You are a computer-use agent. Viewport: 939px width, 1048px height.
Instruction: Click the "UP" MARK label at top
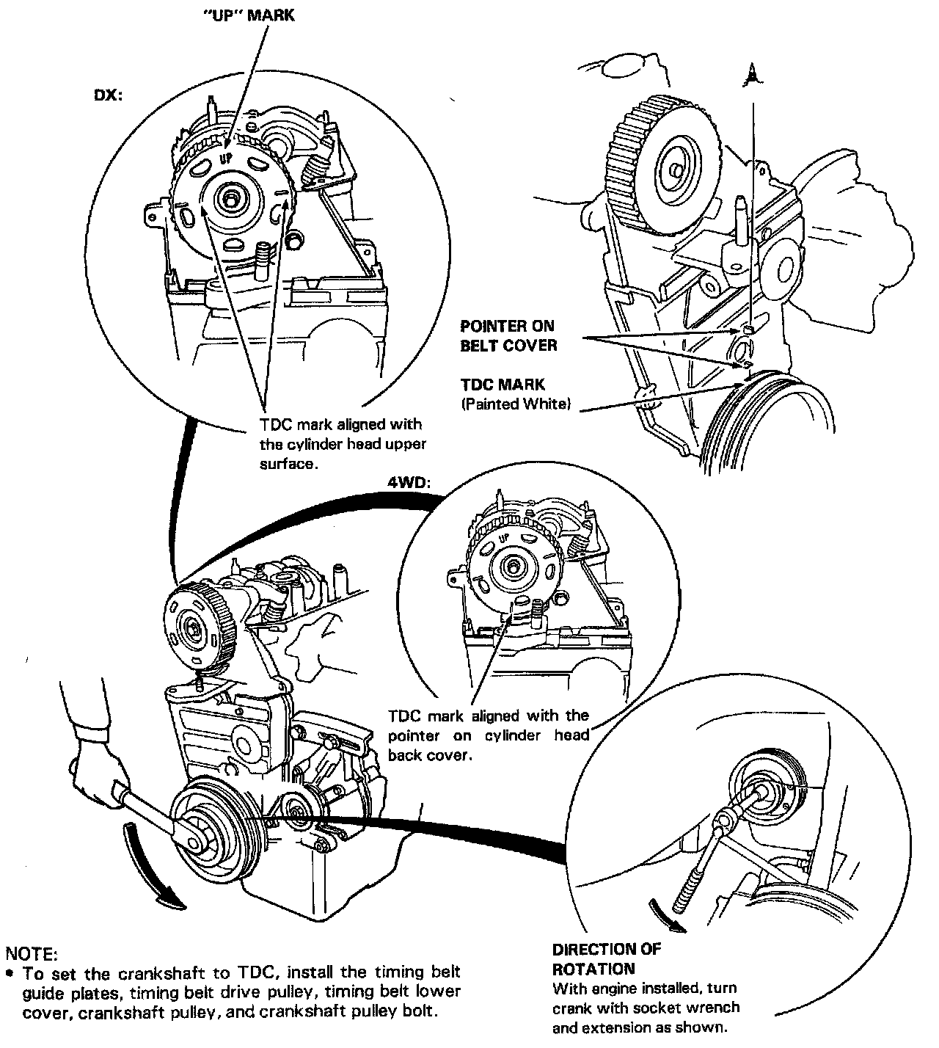[x=249, y=15]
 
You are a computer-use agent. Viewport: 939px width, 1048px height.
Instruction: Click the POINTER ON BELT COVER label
[x=508, y=335]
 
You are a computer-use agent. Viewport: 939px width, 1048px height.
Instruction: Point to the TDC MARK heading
[x=503, y=384]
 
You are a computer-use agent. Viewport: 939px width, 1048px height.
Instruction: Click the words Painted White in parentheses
[x=515, y=404]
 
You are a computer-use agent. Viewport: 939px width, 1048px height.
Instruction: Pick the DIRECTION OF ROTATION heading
[x=606, y=958]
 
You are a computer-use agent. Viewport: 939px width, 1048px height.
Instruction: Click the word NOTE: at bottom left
[x=30, y=954]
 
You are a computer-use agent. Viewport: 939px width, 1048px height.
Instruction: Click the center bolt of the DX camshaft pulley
[x=233, y=197]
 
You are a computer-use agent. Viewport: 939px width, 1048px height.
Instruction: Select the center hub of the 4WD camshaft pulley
[x=511, y=566]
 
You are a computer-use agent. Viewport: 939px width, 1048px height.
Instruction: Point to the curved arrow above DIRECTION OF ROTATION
[x=667, y=915]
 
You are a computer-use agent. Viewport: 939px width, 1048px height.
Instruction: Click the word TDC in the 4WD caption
[x=404, y=716]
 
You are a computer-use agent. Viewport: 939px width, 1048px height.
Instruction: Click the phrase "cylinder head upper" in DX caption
[x=343, y=444]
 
